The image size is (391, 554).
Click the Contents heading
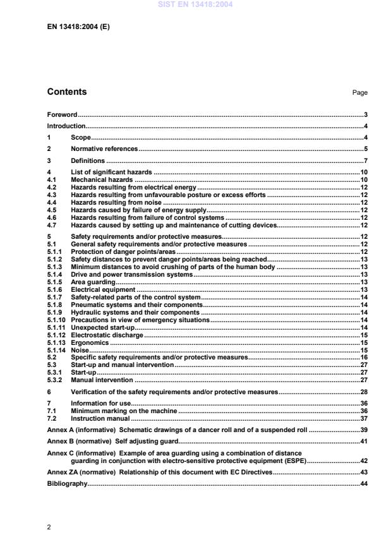coord(67,92)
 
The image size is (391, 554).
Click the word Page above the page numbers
coord(360,93)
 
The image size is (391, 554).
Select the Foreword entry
coord(62,115)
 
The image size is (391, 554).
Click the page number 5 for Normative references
coord(366,149)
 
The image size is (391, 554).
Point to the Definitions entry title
coord(88,161)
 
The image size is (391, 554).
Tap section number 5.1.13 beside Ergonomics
coord(57,342)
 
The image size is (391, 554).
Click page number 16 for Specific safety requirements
coord(364,358)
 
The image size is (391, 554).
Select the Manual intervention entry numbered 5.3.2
coord(102,380)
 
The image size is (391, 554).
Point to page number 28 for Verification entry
coord(364,392)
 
